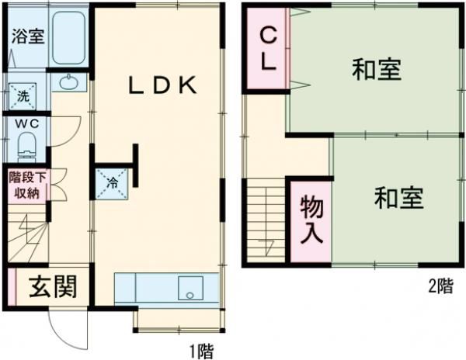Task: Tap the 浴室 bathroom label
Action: click(x=26, y=36)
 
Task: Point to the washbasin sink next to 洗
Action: click(x=68, y=81)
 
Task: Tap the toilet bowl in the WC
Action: click(x=28, y=144)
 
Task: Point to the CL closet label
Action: click(x=268, y=48)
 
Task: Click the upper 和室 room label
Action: click(x=376, y=71)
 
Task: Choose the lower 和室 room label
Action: click(x=399, y=199)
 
